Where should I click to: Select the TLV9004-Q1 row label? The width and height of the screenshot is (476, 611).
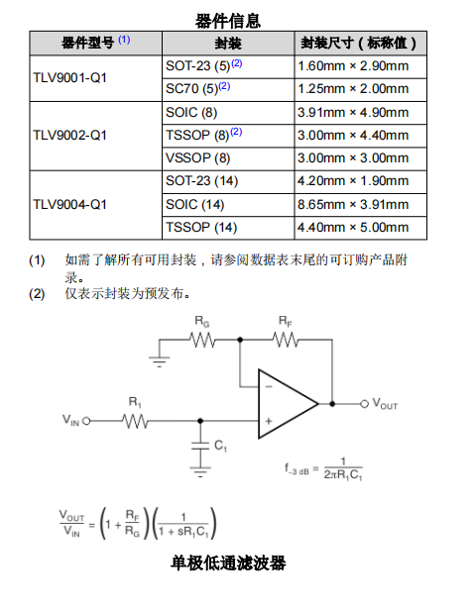coord(69,205)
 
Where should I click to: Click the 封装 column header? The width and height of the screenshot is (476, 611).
coord(228,44)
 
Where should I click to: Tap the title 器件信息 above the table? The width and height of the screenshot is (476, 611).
coord(228,21)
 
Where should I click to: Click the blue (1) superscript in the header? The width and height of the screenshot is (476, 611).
coord(124,40)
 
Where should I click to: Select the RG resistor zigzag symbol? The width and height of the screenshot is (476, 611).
coord(202,340)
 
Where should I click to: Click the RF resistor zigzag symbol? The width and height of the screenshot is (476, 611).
coord(286,340)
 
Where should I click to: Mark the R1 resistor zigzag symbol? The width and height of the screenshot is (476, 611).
coord(135,421)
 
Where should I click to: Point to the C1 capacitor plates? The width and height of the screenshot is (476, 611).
coord(200,447)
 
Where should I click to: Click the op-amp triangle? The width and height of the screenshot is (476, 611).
coord(288,404)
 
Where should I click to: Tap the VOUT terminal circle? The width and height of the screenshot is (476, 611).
coord(364,404)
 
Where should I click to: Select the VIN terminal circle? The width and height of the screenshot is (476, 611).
coord(86,421)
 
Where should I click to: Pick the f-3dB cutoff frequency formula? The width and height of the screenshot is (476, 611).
coord(323,469)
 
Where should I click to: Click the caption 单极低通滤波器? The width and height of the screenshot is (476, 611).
coord(228,563)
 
